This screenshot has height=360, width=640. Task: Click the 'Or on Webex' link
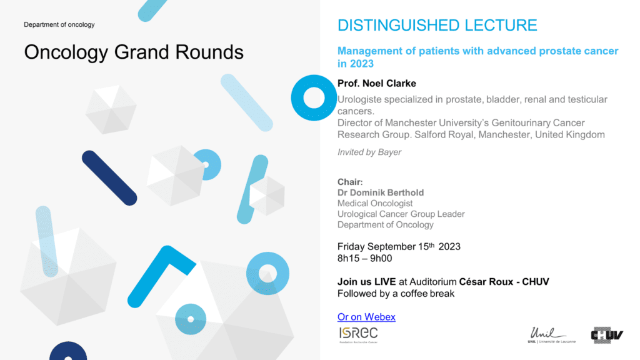(x=366, y=317)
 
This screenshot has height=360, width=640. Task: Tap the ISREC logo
(x=358, y=335)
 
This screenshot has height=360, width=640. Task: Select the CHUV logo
(x=607, y=335)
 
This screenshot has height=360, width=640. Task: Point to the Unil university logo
(x=551, y=335)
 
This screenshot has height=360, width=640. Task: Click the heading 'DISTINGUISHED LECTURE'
(x=437, y=25)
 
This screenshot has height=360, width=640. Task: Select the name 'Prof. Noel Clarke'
(x=377, y=83)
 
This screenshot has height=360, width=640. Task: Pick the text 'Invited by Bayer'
(x=369, y=152)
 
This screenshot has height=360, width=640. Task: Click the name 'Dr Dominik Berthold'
(x=381, y=192)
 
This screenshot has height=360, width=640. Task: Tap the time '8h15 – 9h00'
(x=364, y=258)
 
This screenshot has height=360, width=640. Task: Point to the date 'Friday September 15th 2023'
(x=399, y=246)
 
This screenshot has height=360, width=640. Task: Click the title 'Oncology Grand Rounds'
(x=134, y=52)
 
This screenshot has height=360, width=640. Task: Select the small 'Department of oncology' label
(x=59, y=24)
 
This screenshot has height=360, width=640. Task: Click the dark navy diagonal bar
(x=109, y=178)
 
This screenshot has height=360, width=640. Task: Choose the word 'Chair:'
(x=350, y=182)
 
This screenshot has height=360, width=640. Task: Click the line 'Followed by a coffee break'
(x=396, y=294)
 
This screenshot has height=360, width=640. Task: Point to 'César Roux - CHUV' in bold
(x=504, y=282)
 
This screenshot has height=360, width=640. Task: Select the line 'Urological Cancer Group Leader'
(x=401, y=214)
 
